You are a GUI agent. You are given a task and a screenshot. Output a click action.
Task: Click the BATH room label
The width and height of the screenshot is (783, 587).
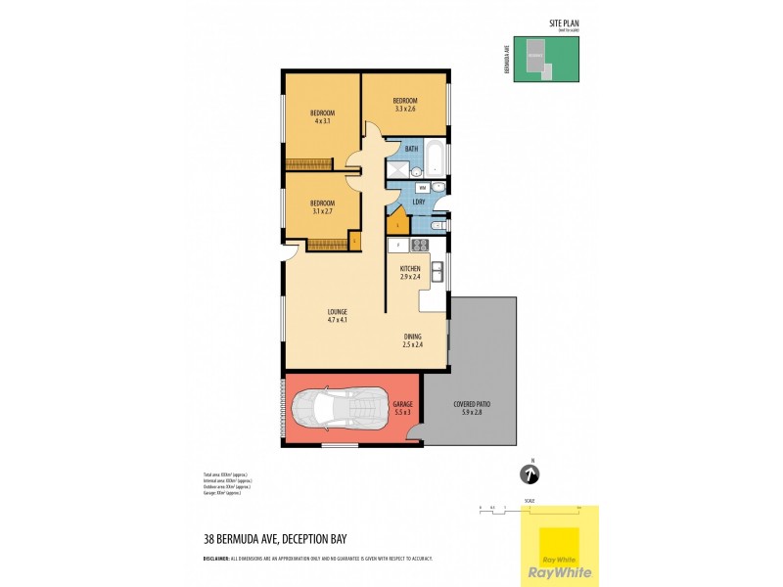tap(411, 149)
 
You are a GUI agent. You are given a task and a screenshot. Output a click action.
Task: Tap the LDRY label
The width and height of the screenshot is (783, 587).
tap(417, 203)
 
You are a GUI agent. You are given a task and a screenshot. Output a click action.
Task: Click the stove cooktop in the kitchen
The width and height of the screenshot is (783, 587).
tap(419, 245)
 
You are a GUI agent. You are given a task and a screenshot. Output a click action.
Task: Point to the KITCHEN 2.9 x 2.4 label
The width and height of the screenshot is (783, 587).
tap(410, 272)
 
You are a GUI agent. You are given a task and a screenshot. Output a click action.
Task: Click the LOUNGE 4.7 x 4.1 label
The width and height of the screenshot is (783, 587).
tap(338, 316)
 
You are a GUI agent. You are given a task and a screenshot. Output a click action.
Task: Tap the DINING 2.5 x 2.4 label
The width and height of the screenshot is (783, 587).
tap(412, 340)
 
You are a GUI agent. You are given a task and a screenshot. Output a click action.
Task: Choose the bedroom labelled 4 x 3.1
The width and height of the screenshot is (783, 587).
tap(322, 116)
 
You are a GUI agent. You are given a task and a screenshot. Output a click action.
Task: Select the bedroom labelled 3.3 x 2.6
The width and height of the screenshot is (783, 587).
tap(405, 105)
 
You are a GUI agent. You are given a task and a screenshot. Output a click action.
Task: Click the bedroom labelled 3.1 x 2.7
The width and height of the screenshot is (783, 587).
tap(322, 206)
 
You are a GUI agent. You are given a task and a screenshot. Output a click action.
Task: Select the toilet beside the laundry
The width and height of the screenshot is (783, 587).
tap(438, 226)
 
